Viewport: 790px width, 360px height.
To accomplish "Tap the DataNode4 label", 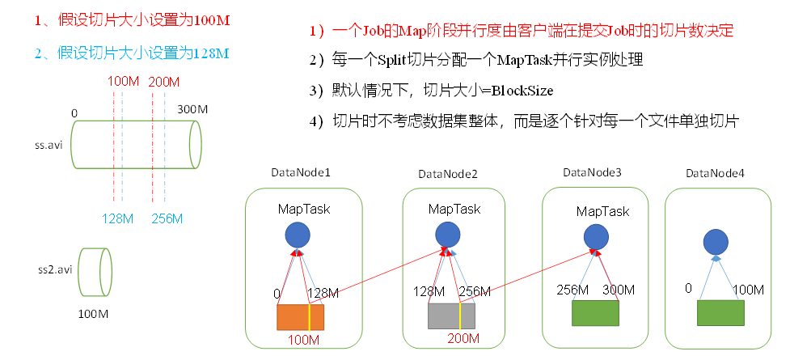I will [x=712, y=174].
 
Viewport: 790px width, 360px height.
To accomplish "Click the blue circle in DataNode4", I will [x=716, y=242].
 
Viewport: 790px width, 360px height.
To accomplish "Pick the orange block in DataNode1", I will [x=300, y=316].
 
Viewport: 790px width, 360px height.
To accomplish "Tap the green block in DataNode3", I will [x=594, y=312].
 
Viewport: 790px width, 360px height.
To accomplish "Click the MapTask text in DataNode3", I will [x=602, y=211].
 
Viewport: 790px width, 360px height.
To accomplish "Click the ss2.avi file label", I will [x=55, y=268].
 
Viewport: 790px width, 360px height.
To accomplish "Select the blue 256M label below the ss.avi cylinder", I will [x=167, y=218].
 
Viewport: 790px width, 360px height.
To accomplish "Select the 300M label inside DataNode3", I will [x=619, y=290].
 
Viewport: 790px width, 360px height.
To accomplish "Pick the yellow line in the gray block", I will [x=460, y=316].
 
